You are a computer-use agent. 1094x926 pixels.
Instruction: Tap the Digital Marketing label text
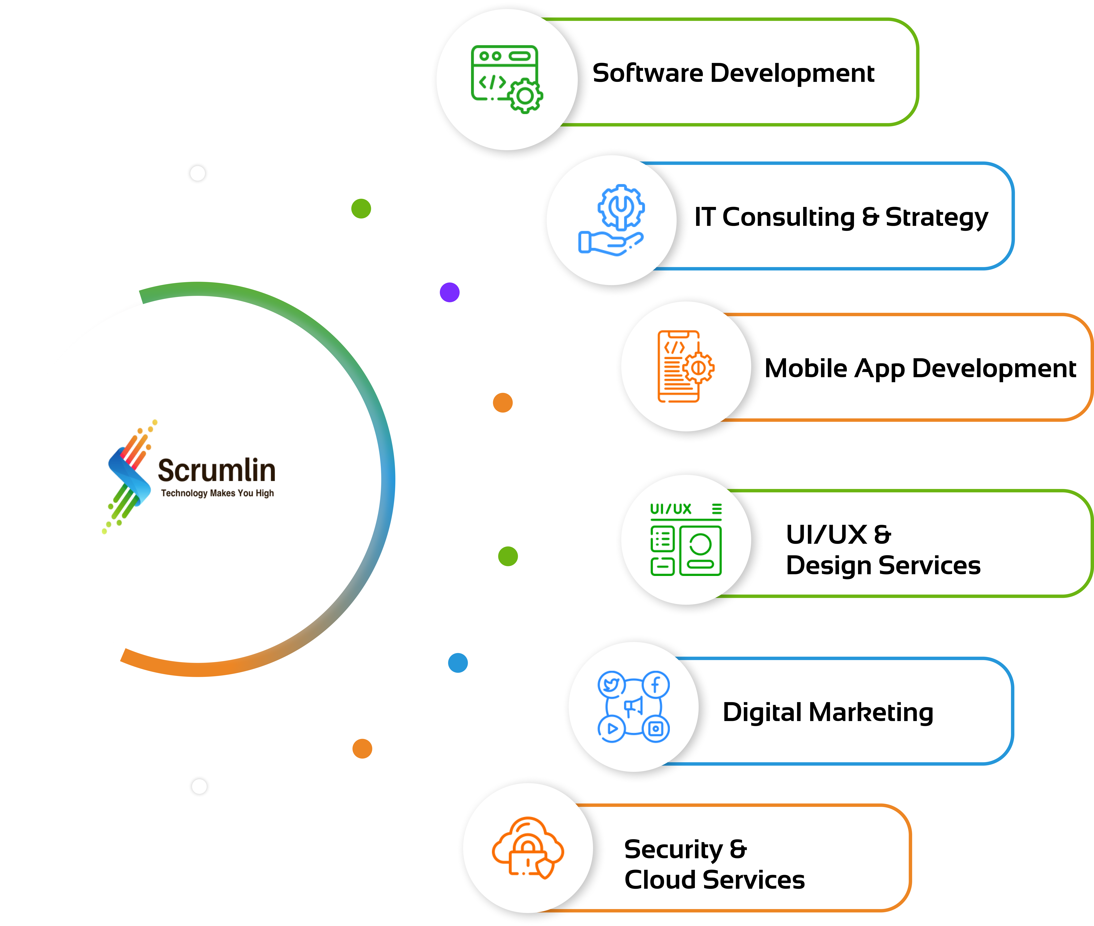click(828, 712)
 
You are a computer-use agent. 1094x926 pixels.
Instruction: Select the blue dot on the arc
click(458, 663)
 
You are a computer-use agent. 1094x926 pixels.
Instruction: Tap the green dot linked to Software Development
click(361, 208)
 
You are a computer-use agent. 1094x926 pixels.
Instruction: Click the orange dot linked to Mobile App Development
click(502, 403)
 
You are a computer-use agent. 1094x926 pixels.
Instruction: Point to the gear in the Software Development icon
click(525, 96)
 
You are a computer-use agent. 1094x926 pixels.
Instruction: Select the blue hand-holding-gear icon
click(612, 220)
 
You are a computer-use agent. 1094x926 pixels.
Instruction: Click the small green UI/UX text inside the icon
click(670, 509)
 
